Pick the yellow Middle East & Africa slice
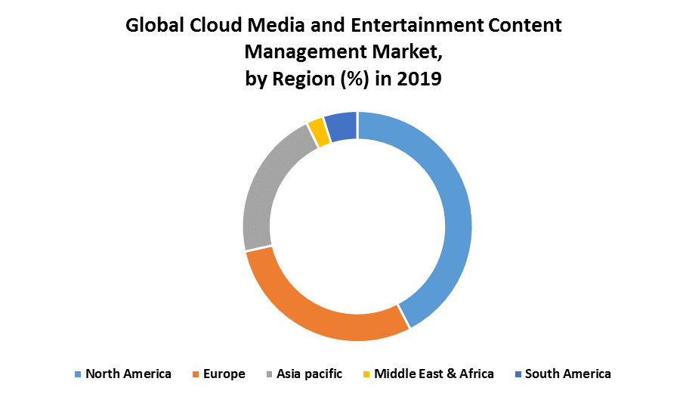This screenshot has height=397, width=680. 318,132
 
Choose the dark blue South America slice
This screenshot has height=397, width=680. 342,126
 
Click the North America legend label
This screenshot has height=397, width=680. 128,374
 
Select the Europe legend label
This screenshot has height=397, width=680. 224,374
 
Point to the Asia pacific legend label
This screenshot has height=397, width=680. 309,374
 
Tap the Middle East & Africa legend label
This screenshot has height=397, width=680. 434,374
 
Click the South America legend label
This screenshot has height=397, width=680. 568,374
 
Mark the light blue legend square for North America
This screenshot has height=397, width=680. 78,374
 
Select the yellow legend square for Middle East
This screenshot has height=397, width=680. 366,374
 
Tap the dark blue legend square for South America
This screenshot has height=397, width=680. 518,374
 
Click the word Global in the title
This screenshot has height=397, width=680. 155,25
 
